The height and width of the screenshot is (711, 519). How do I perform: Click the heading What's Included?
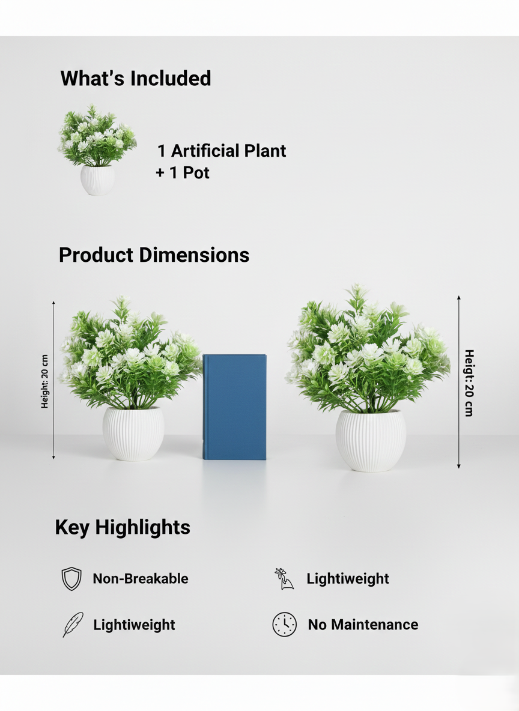point(136,79)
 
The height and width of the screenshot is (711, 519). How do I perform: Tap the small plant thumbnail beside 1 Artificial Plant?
point(97,150)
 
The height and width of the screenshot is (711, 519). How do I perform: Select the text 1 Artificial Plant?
point(222,151)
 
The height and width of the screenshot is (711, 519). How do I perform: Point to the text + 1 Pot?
point(183,173)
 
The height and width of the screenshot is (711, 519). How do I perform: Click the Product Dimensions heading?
point(154,255)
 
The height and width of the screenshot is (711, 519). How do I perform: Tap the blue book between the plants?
point(234,407)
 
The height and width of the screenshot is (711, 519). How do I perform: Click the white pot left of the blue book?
point(133,434)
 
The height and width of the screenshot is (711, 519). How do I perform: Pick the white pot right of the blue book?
point(371,440)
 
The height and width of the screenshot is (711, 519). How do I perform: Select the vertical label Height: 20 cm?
point(45,381)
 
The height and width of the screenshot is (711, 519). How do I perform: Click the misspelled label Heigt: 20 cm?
point(469,383)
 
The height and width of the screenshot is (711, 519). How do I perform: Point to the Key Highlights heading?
point(123,527)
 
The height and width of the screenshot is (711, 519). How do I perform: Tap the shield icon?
point(71,579)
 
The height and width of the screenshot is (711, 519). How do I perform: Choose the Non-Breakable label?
point(141,579)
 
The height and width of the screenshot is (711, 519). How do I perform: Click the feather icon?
point(72,625)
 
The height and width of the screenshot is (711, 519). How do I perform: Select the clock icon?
point(285,625)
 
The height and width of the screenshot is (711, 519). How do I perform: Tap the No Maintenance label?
point(363,625)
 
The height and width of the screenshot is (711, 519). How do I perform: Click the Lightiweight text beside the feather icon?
point(134,625)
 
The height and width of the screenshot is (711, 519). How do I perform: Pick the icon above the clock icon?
point(284,579)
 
